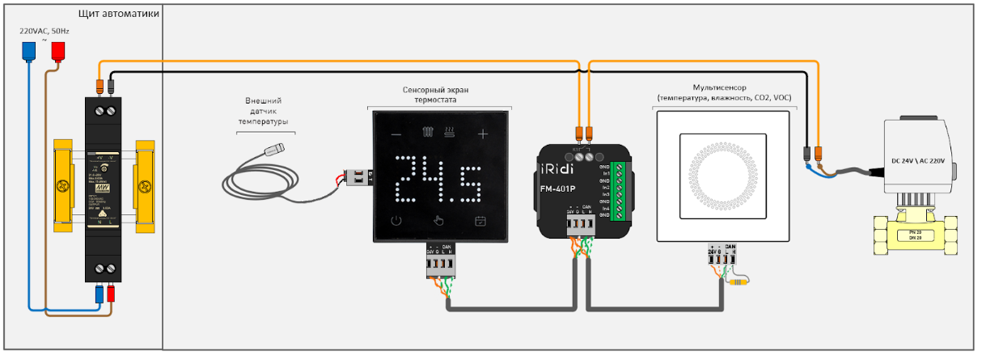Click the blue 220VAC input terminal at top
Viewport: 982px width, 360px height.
click(29, 52)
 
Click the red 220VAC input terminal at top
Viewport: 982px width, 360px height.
click(58, 52)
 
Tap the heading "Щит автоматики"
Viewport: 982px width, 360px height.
click(118, 15)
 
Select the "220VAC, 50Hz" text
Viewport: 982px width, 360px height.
click(44, 31)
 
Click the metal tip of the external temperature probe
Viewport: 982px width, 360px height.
click(278, 149)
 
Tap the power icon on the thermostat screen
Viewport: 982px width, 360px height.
click(396, 220)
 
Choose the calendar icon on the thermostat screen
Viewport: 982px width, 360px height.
click(480, 220)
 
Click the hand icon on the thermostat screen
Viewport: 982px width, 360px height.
click(438, 220)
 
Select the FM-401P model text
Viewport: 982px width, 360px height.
click(558, 190)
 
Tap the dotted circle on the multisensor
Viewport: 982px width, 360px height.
click(722, 176)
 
